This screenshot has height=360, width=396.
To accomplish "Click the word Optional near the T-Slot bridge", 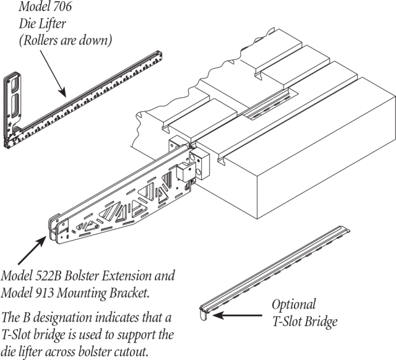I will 294,305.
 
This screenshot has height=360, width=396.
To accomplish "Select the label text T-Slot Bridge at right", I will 305,322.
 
